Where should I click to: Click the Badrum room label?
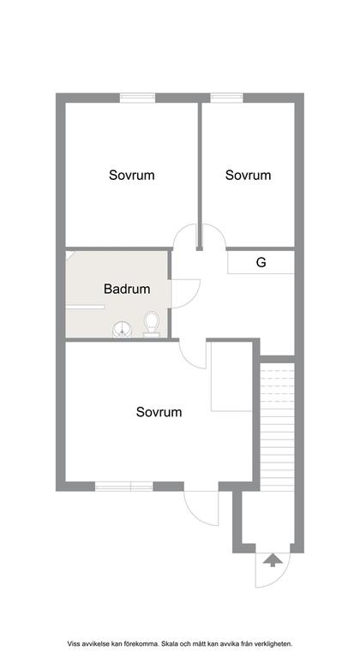(x=127, y=289)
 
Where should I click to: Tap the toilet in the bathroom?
(x=152, y=325)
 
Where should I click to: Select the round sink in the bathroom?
(x=122, y=329)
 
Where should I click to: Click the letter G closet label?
(x=261, y=263)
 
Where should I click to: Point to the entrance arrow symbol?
(x=273, y=559)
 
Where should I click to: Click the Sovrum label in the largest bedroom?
(x=159, y=412)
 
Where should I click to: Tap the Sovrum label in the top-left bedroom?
(x=132, y=175)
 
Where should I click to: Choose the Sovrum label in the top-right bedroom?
(x=248, y=175)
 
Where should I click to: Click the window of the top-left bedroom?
(x=137, y=98)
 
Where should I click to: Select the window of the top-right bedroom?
(x=227, y=98)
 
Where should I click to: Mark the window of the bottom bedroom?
(x=123, y=487)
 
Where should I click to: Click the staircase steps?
(x=278, y=427)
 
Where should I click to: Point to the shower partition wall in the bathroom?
(x=85, y=308)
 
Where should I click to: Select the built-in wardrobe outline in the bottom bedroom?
(x=231, y=376)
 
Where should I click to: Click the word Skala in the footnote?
(x=170, y=643)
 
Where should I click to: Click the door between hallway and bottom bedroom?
(x=192, y=355)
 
